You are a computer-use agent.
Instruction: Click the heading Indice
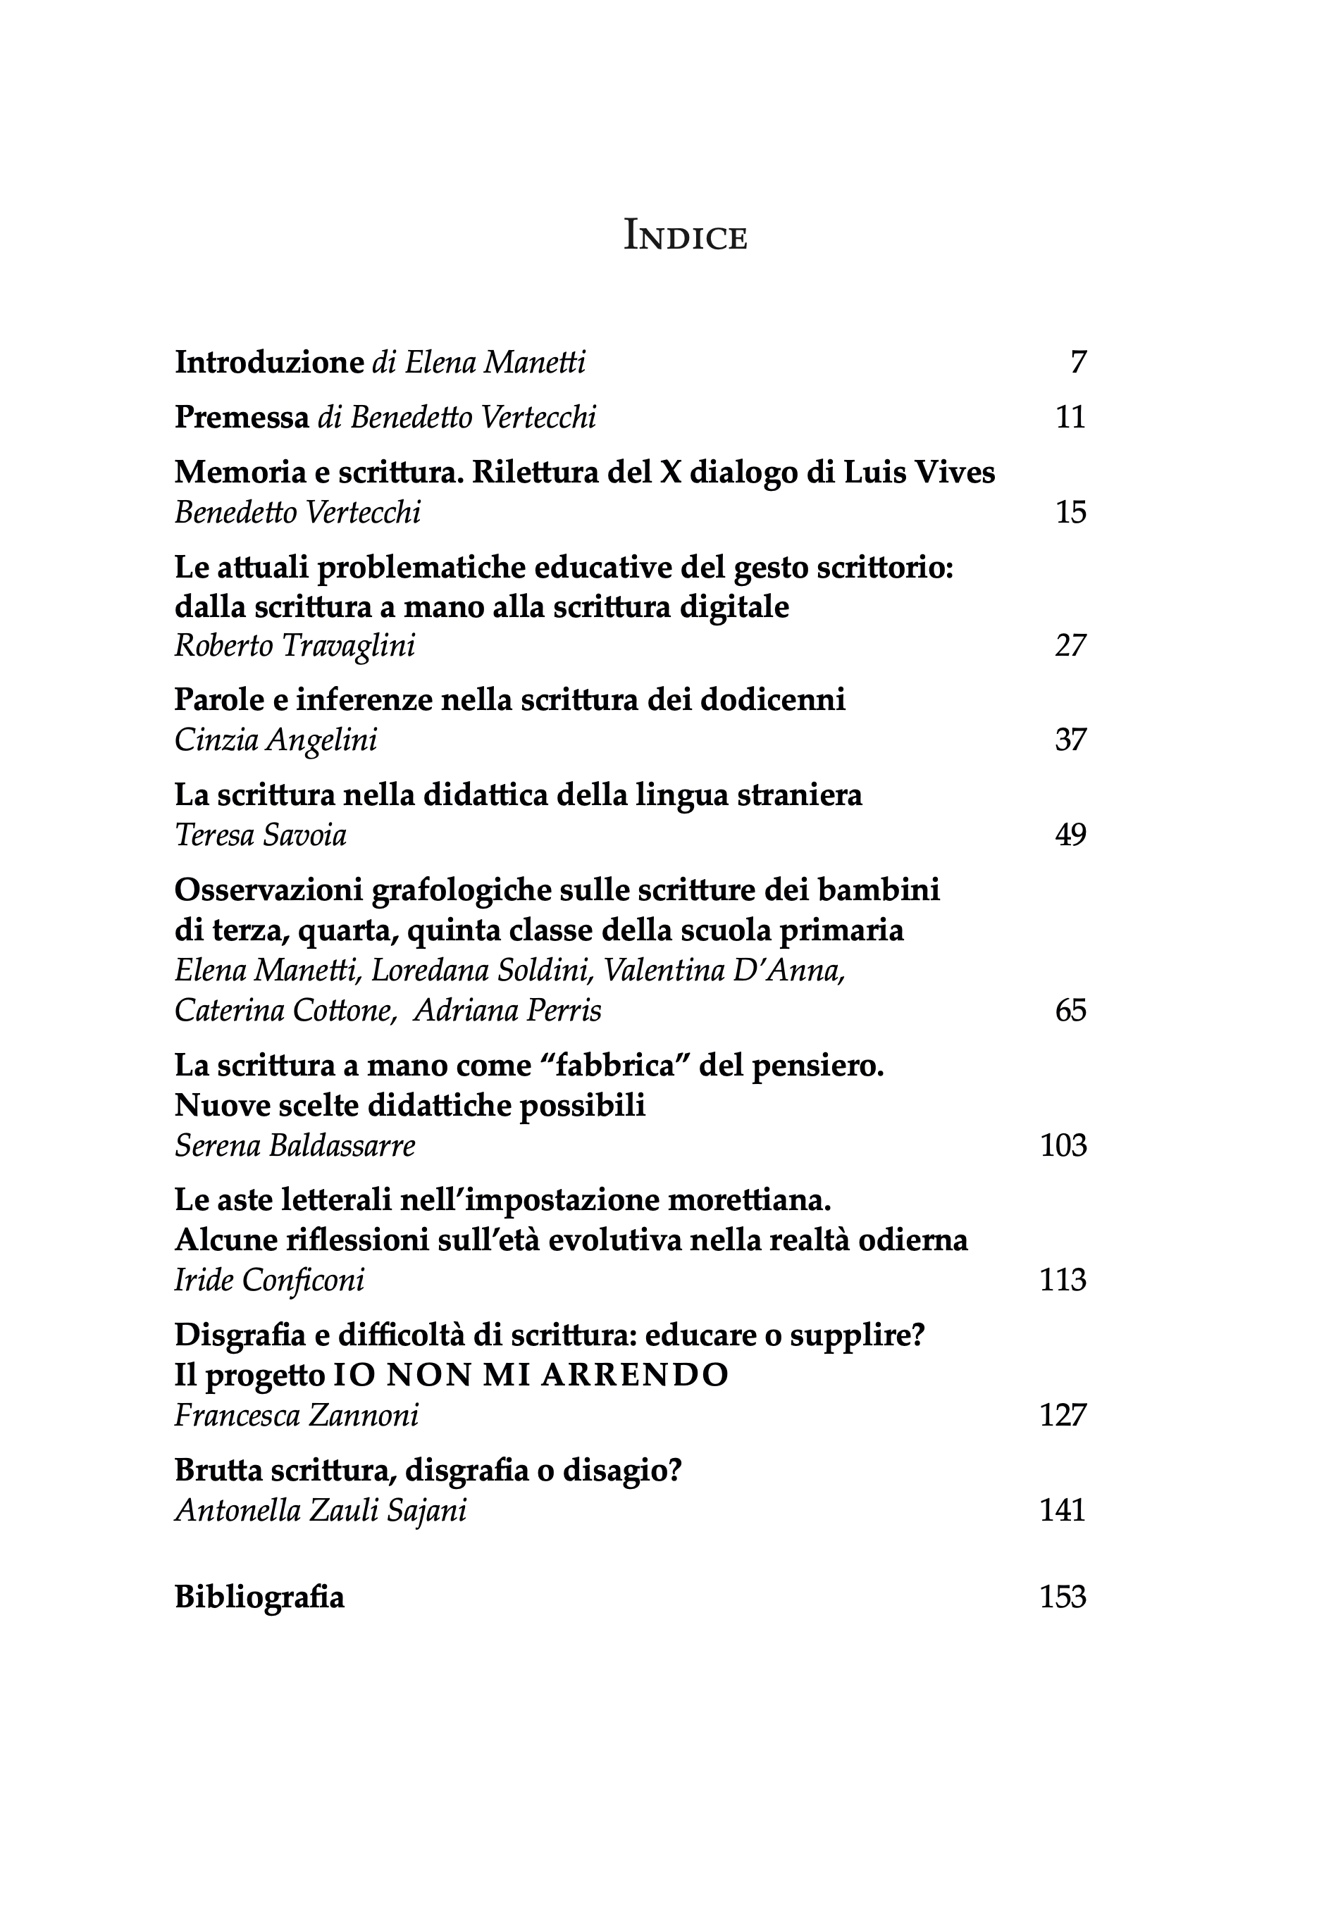[685, 237]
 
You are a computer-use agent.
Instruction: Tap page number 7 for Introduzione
[1077, 363]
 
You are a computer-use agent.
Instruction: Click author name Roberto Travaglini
[295, 647]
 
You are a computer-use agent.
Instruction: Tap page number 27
[1070, 647]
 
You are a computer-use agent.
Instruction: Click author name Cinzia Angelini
[275, 741]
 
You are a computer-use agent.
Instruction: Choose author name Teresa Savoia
[260, 835]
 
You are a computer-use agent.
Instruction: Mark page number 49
[1070, 835]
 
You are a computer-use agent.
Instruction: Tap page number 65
[1070, 1011]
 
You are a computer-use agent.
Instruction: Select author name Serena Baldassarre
[295, 1147]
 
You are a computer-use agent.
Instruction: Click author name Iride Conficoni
[269, 1280]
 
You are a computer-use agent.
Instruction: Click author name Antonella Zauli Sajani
[320, 1511]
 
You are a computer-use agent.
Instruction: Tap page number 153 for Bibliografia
[1063, 1597]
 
